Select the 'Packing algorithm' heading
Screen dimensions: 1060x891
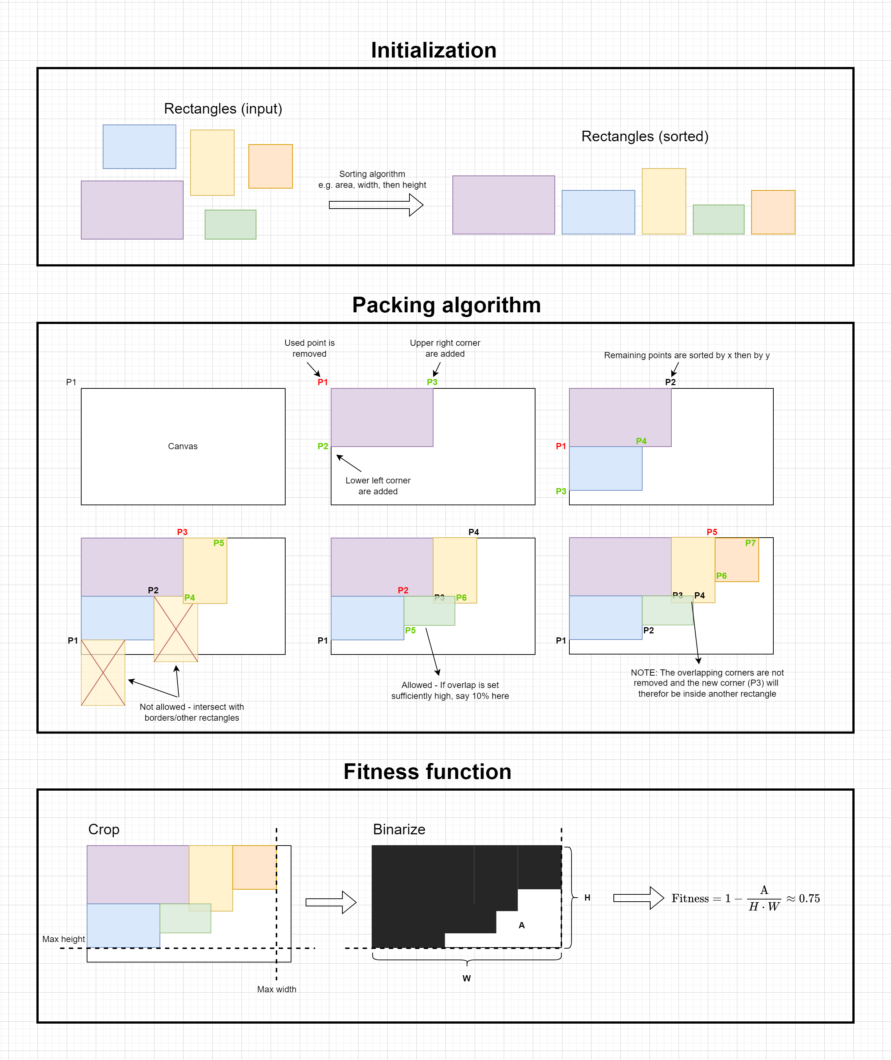(446, 305)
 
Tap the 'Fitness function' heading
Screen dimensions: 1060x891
(427, 772)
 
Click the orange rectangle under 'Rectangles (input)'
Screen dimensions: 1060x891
(270, 167)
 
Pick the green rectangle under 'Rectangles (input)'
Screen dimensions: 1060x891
(230, 225)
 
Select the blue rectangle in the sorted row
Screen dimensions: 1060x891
(598, 212)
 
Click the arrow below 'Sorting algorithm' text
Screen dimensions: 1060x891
(376, 205)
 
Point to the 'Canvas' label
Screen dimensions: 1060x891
(183, 446)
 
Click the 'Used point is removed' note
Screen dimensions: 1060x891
(309, 348)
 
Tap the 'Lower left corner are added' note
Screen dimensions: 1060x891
(378, 486)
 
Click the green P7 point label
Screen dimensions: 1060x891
(750, 543)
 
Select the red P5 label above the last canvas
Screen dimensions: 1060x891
(712, 532)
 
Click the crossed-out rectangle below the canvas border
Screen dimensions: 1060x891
(103, 673)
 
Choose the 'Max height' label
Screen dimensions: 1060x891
(64, 939)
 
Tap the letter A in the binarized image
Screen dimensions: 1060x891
(522, 925)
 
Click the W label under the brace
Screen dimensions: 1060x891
(467, 978)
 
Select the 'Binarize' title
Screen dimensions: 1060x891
(399, 829)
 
